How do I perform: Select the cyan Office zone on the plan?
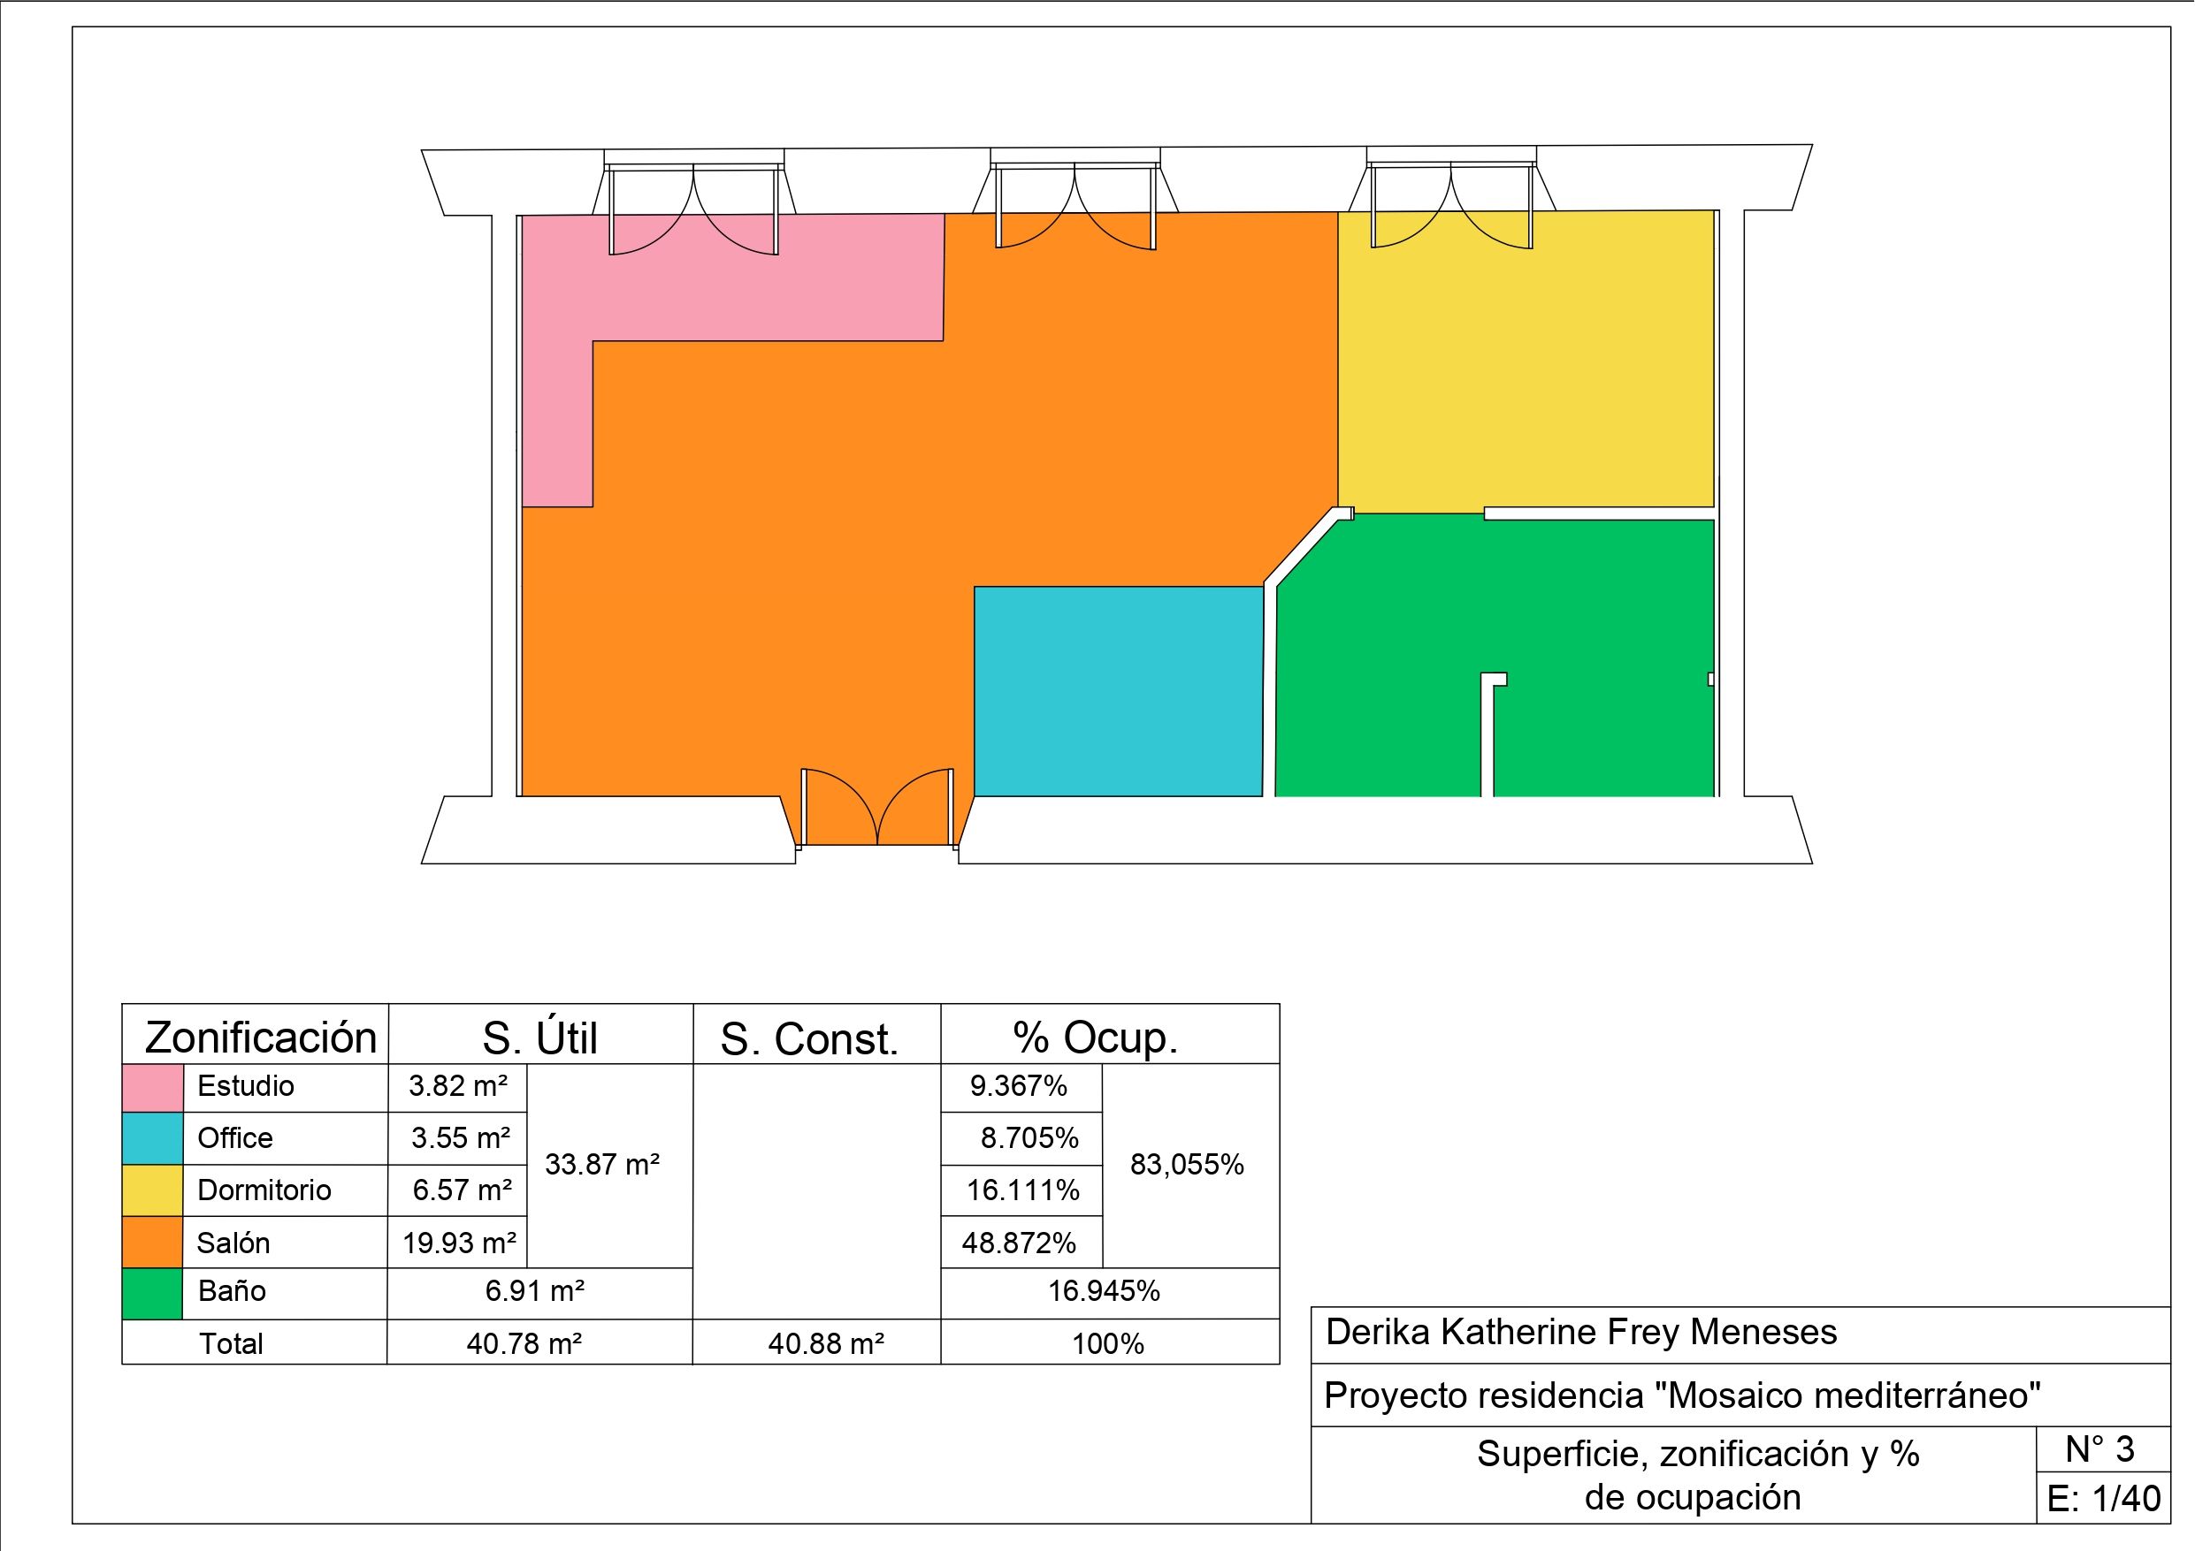pos(1119,691)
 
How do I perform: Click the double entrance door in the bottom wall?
pos(877,808)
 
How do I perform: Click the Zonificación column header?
pos(261,1038)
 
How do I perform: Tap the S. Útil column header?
pos(540,1038)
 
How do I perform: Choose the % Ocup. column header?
pos(1096,1038)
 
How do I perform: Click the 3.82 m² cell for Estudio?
pos(458,1086)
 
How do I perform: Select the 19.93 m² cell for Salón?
pos(459,1243)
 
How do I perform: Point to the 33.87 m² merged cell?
pos(602,1165)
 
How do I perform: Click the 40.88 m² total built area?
pos(826,1344)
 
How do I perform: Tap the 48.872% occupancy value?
pos(1019,1243)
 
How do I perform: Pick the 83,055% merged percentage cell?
pos(1188,1165)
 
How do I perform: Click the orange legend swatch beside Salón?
pos(152,1243)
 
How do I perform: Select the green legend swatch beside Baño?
pos(152,1294)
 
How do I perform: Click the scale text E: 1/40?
pos(2103,1499)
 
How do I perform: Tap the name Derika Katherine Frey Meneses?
pos(1581,1333)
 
